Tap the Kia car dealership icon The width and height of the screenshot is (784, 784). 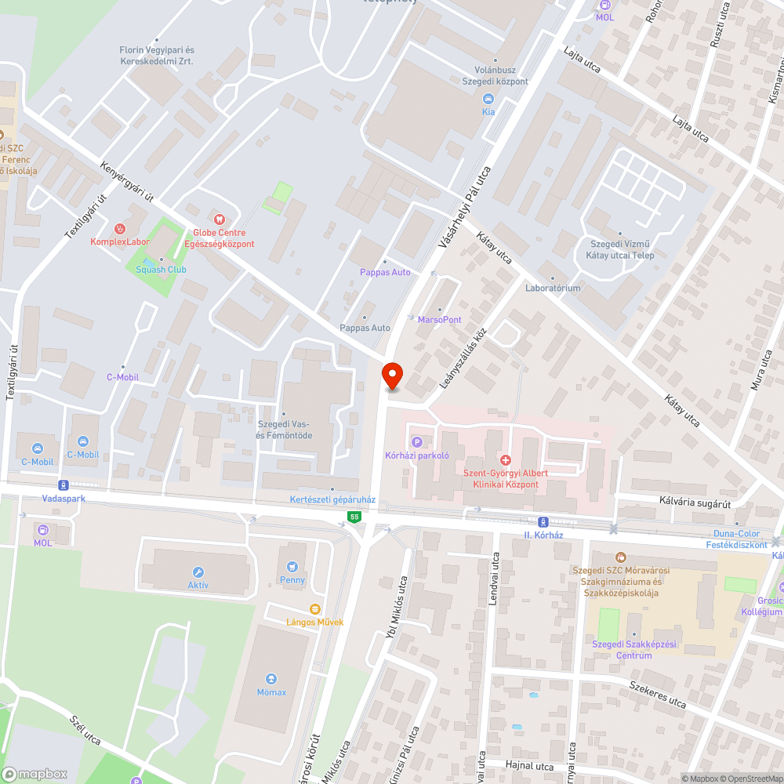click(x=488, y=99)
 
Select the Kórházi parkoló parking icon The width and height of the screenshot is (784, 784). click(x=416, y=442)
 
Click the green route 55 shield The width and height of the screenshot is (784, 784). click(x=355, y=517)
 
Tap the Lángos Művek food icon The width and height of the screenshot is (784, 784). click(x=315, y=608)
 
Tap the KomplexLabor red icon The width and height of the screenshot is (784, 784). click(x=119, y=228)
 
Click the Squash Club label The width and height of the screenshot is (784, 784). click(x=161, y=269)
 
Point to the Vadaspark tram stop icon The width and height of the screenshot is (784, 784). click(x=64, y=485)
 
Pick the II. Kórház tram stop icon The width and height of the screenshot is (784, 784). click(x=543, y=522)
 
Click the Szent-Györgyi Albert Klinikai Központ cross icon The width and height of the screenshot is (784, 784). click(x=506, y=459)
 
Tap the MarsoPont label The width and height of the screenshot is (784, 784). click(x=440, y=319)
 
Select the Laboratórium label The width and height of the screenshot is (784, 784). click(x=553, y=288)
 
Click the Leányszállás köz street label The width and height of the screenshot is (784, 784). click(x=463, y=358)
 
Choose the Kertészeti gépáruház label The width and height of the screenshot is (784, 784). click(x=333, y=499)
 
